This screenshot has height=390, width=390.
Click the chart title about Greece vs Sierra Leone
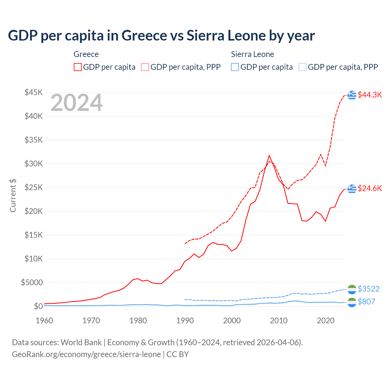point(161,36)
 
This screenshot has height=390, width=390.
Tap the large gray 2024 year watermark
point(76,103)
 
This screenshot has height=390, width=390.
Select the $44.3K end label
point(370,95)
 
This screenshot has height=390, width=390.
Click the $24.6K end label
point(370,188)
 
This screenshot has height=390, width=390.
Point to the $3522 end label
point(368,289)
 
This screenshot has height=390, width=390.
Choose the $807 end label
point(366,302)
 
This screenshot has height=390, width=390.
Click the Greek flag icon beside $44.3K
point(352,95)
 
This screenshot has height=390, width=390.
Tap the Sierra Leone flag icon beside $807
point(352,302)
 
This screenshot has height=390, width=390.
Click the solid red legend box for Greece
point(78,67)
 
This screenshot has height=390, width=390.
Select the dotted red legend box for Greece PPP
point(145,67)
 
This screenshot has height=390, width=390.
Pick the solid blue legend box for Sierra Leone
point(235,67)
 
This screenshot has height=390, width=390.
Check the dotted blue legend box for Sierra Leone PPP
point(303,67)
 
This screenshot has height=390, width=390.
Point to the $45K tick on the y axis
point(34,92)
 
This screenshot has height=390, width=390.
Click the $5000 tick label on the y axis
point(32,283)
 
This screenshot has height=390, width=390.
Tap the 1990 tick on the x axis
point(185,321)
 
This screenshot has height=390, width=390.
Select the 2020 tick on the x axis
point(326,321)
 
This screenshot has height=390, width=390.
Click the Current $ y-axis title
point(13,196)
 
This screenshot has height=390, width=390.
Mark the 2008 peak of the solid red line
point(269,155)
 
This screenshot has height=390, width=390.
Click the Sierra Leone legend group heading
point(252,54)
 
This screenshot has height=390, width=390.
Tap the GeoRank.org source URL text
point(86,354)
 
